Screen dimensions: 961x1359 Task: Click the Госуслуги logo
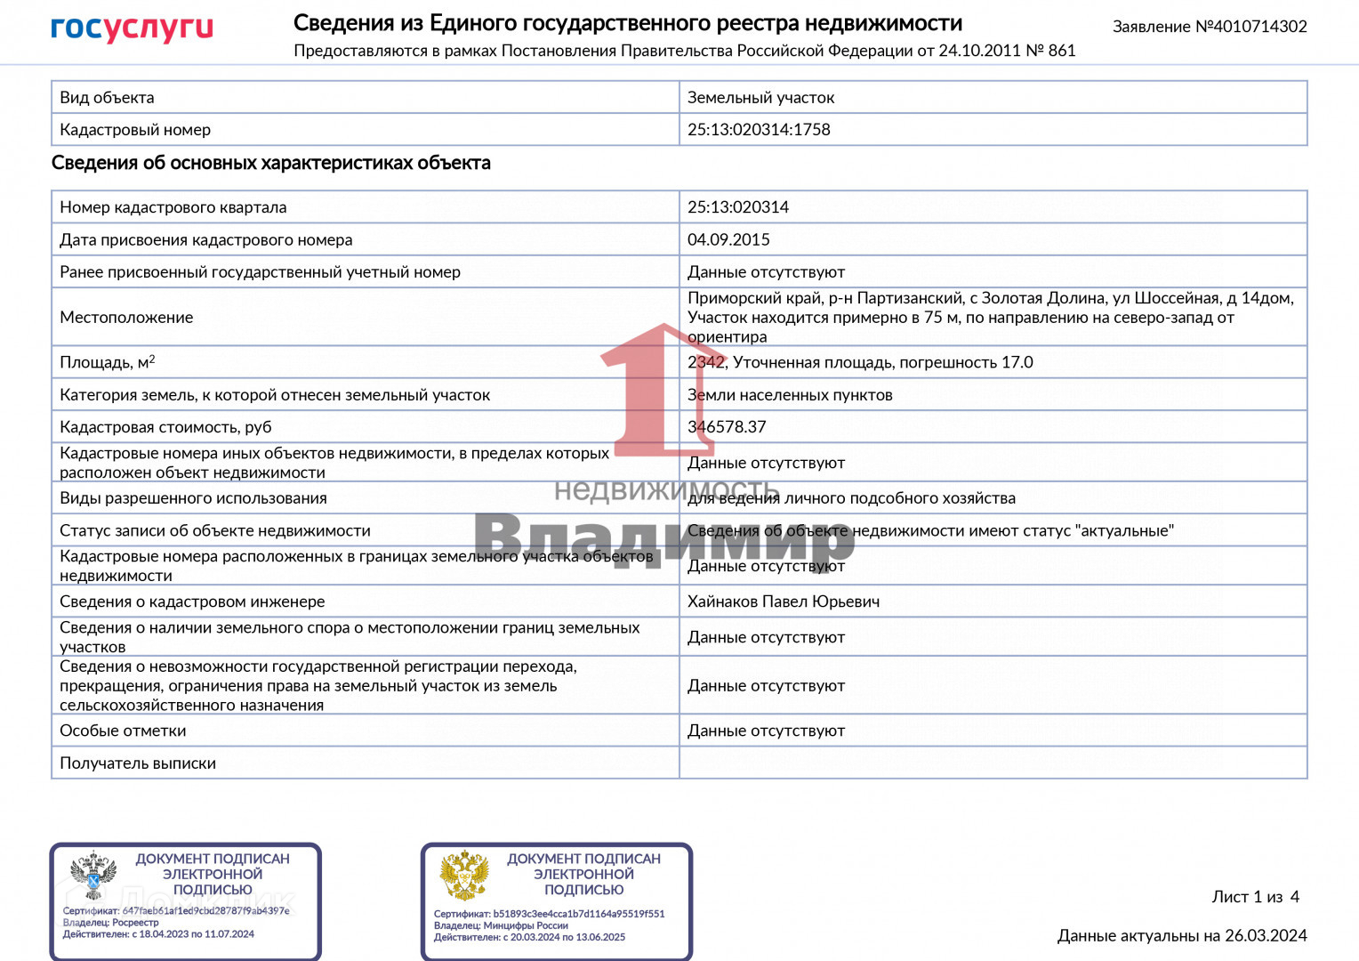[132, 28]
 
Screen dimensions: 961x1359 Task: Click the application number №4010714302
[1250, 27]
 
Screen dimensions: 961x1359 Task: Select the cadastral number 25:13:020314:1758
[759, 130]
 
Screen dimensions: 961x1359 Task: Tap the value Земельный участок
[760, 98]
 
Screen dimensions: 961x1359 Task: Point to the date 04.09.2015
[728, 240]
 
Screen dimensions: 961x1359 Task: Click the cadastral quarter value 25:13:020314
[738, 207]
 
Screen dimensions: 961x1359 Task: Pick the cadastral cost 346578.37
[727, 427]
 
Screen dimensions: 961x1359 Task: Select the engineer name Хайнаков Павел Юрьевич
[784, 602]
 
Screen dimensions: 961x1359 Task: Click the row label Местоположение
[126, 318]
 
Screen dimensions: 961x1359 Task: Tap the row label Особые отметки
[123, 731]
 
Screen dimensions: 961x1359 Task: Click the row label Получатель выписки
[138, 763]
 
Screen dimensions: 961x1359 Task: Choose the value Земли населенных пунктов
[790, 395]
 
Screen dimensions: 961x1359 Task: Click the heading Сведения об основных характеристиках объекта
[271, 163]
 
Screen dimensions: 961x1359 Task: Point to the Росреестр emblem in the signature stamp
[93, 876]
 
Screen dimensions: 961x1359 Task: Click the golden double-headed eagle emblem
[464, 876]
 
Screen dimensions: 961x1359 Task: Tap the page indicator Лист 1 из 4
[1255, 897]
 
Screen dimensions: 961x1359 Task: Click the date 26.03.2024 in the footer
[1266, 936]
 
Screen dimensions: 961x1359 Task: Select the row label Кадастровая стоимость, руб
[165, 427]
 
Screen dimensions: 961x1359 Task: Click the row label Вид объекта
[107, 98]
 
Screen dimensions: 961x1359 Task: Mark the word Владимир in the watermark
[663, 539]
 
